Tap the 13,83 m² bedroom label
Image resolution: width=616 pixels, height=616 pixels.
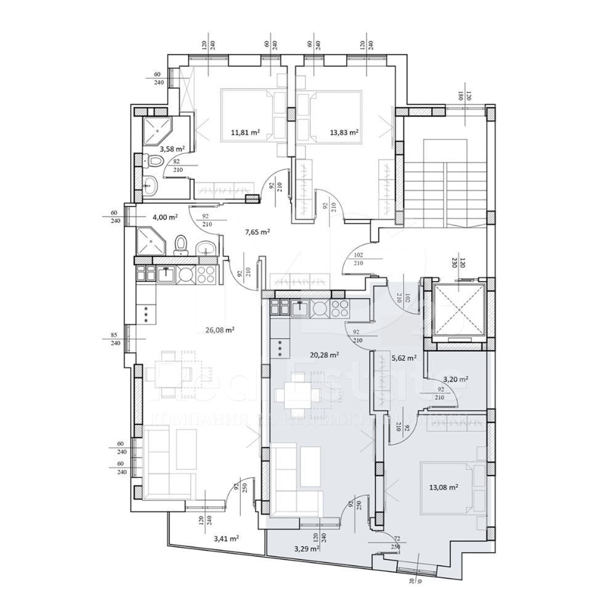click(346, 131)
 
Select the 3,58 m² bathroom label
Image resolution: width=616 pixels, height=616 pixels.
click(172, 148)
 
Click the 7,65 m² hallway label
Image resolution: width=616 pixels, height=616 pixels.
click(257, 232)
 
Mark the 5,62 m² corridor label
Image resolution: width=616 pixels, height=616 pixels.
click(403, 357)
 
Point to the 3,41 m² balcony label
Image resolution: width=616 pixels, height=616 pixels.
click(226, 538)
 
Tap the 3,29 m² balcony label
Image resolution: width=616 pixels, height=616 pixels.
click(307, 548)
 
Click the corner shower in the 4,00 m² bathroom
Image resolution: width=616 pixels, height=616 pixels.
click(149, 241)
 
